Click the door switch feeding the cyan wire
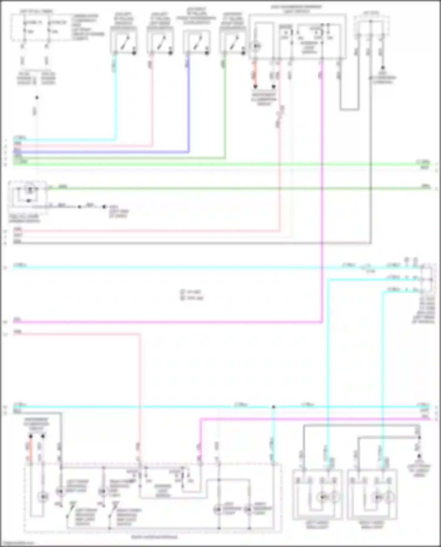[123, 43]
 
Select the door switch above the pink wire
[160, 43]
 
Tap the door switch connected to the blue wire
[196, 43]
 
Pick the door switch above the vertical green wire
[233, 43]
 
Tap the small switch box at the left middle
[29, 195]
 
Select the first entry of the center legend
[191, 292]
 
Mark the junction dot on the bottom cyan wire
[274, 407]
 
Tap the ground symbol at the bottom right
[419, 456]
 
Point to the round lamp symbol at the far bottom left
[43, 497]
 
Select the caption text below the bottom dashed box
[154, 537]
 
